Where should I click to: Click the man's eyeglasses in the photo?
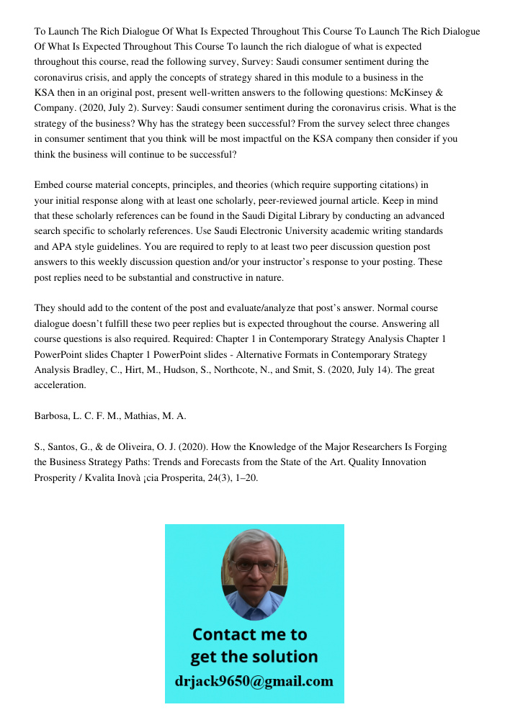click(x=254, y=566)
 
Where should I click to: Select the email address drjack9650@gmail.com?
click(x=254, y=681)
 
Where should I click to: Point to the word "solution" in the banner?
click(x=285, y=657)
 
